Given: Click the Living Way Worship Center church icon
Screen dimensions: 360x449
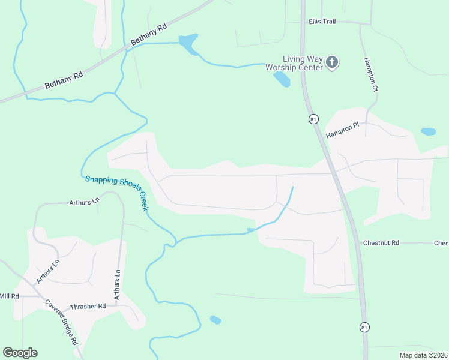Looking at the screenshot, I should tap(332, 62).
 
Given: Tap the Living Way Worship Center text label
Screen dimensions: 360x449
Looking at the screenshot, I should tap(303, 63).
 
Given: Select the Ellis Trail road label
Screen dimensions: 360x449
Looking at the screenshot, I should tap(322, 21).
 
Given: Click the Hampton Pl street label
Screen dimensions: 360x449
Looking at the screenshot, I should tap(342, 132).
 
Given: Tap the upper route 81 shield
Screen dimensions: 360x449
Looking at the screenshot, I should tap(313, 119).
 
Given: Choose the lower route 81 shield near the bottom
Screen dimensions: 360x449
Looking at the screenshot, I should tap(364, 327).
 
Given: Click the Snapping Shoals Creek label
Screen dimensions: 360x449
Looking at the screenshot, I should tap(116, 192).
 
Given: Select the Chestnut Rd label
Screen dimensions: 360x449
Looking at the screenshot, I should tap(381, 243).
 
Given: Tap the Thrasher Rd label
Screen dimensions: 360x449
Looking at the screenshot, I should tap(88, 306).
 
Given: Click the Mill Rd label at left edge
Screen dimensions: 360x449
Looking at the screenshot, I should tap(10, 296).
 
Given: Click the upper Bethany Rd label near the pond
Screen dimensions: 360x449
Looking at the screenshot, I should tap(148, 34).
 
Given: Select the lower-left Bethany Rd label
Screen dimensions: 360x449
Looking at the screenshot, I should tap(64, 78).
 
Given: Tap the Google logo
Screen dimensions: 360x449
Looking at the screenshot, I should tap(20, 352).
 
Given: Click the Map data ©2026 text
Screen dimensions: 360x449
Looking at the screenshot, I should tap(423, 355).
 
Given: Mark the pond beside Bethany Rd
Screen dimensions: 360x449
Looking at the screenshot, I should tap(188, 43).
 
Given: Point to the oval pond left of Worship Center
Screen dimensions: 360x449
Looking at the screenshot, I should tap(282, 79).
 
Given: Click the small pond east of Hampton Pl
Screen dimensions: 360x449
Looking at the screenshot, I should tap(428, 131).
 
